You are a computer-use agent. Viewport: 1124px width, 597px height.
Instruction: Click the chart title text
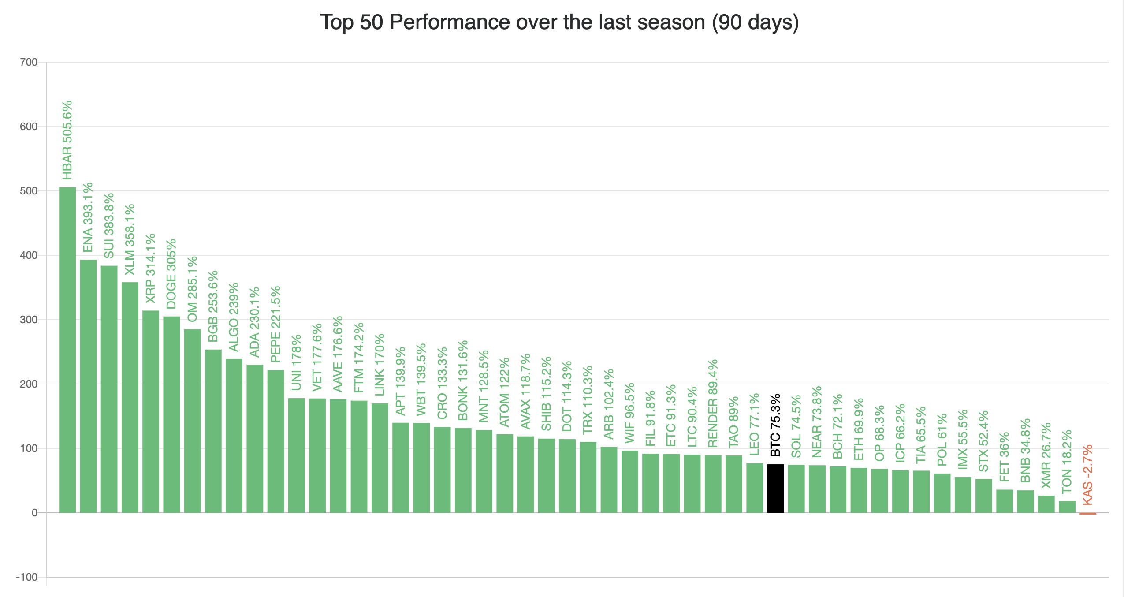pos(559,22)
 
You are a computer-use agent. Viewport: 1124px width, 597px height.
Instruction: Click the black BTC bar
pos(775,489)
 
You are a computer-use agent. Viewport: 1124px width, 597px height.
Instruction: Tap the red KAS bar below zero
pos(1087,514)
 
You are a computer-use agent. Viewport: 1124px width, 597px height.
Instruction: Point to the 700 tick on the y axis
pos(29,62)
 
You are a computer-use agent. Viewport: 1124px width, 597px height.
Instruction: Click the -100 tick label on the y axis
pos(27,577)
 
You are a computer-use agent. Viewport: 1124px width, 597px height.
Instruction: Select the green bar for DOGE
pos(171,414)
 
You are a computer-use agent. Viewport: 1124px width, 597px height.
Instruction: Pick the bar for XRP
pos(151,411)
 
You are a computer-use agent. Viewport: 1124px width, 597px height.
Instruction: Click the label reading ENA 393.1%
pos(88,217)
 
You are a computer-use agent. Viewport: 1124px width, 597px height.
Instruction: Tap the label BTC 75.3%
pos(775,425)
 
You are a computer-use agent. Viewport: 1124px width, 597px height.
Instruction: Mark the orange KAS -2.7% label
pos(1087,474)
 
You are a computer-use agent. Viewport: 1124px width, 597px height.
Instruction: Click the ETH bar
pos(859,490)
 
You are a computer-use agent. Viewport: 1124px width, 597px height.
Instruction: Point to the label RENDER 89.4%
pos(713,403)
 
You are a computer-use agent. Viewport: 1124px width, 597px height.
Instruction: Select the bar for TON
pos(1067,507)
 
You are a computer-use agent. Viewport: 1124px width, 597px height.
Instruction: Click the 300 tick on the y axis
pos(29,320)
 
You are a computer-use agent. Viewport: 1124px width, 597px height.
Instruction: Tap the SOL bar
pos(796,489)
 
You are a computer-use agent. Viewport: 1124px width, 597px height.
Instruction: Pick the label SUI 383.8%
pos(109,225)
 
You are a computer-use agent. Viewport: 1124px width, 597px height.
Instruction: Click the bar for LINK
pos(380,458)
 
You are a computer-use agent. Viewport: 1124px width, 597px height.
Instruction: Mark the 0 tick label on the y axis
pos(34,513)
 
